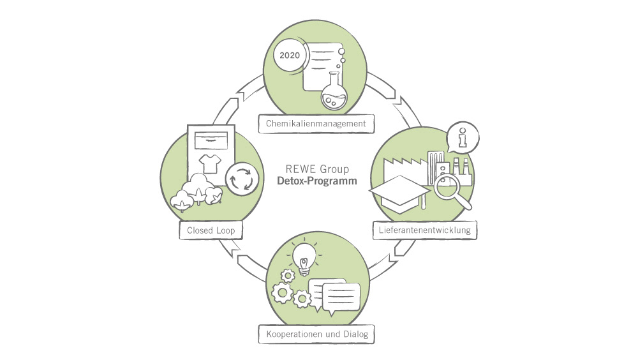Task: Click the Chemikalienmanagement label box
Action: pyautogui.click(x=316, y=123)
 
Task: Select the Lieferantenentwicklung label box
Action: pyautogui.click(x=425, y=230)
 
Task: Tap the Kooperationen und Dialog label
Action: pyautogui.click(x=316, y=333)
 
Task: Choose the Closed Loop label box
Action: pyautogui.click(x=211, y=230)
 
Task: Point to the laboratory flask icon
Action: pyautogui.click(x=334, y=93)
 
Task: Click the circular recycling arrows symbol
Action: pyautogui.click(x=241, y=178)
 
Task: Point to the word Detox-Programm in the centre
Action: pyautogui.click(x=317, y=181)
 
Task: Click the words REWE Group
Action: pyautogui.click(x=317, y=170)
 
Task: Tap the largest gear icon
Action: pyautogui.click(x=281, y=294)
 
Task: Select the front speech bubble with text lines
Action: pyautogui.click(x=341, y=296)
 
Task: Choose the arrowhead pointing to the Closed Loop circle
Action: pyautogui.click(x=236, y=257)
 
